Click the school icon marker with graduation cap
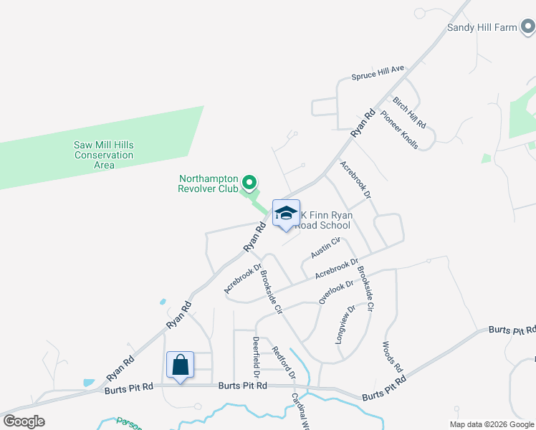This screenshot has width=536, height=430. (286, 214)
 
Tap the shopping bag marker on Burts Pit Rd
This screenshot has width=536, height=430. (180, 365)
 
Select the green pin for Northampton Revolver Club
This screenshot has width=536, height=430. (249, 184)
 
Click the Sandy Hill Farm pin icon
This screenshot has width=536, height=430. (528, 27)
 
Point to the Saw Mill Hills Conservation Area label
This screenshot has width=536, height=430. (104, 155)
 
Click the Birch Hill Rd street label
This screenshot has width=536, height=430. (409, 112)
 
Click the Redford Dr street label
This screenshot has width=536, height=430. (284, 362)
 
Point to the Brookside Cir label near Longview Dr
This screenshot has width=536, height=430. (365, 287)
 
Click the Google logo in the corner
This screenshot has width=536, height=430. (24, 421)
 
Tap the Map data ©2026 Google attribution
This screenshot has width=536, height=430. (492, 424)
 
